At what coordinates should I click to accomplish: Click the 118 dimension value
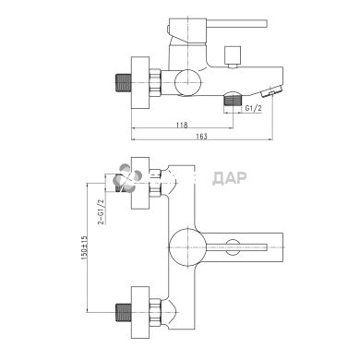point(182,125)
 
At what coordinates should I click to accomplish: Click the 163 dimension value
point(201,137)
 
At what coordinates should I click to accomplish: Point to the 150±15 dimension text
point(84,246)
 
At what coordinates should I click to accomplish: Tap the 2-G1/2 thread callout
point(102,211)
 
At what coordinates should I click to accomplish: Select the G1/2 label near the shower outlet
point(254,108)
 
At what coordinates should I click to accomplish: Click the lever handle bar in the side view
point(236,24)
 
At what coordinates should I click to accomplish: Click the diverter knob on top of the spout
point(232,56)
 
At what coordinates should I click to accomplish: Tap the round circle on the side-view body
point(187,82)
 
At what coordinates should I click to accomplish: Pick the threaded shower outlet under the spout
point(233,100)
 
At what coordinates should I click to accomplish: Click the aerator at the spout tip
point(271,91)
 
